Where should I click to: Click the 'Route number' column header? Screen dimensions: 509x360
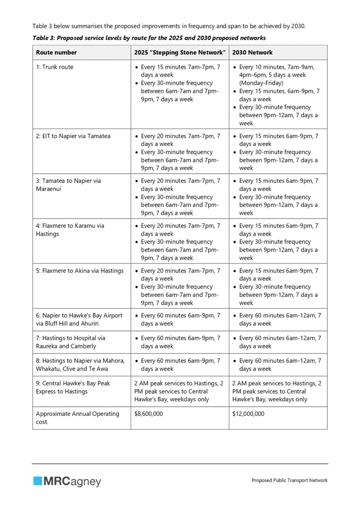point(57,53)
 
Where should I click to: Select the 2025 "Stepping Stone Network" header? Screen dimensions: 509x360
point(180,53)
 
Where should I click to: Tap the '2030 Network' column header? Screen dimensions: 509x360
point(252,53)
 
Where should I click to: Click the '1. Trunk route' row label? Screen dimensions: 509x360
point(55,67)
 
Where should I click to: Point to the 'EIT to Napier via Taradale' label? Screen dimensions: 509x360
point(73,136)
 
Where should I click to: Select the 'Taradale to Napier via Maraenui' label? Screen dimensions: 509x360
point(68,185)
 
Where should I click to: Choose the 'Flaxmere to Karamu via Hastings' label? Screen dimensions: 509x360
point(70,230)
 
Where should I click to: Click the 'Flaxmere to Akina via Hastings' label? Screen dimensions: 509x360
point(79,271)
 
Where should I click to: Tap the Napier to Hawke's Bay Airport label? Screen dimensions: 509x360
point(79,319)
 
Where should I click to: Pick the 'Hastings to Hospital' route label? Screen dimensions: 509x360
point(70,342)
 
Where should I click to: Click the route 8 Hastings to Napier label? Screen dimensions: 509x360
point(80,364)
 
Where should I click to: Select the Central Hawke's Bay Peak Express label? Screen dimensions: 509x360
point(73,387)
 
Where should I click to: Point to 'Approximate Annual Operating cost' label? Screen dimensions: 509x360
point(77,418)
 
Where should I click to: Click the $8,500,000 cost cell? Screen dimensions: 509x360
point(149,414)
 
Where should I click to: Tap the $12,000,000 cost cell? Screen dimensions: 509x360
point(249,414)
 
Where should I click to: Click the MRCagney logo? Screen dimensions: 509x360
point(67,481)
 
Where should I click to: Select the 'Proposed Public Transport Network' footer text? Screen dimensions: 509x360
point(290,481)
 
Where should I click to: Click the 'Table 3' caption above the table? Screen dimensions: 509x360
point(149,38)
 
